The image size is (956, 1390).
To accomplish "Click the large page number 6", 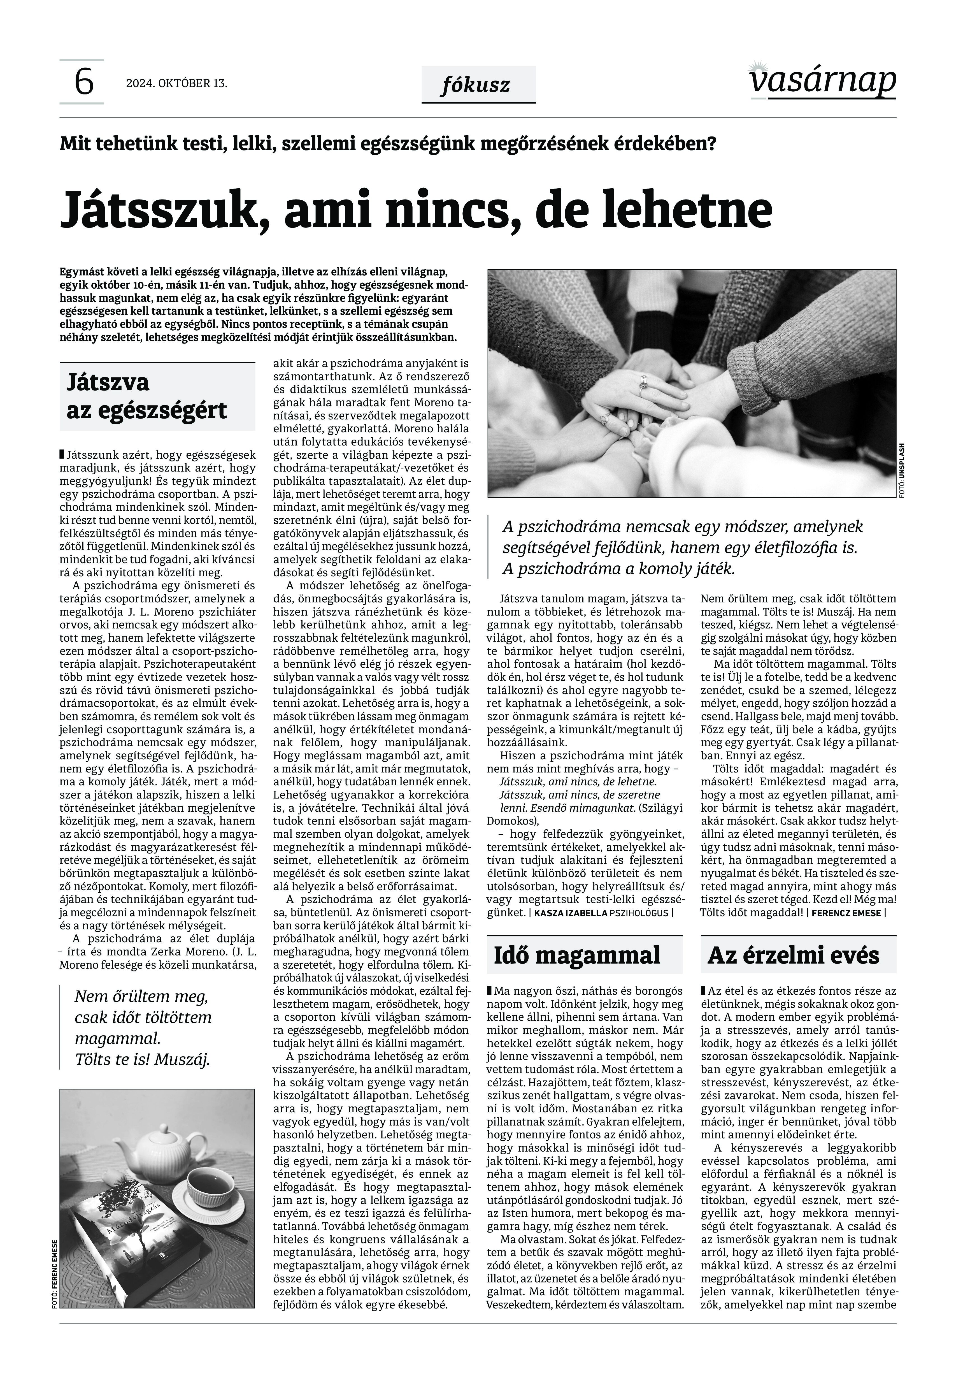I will pyautogui.click(x=83, y=82).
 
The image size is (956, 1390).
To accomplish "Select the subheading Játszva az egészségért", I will pyautogui.click(x=147, y=397).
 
